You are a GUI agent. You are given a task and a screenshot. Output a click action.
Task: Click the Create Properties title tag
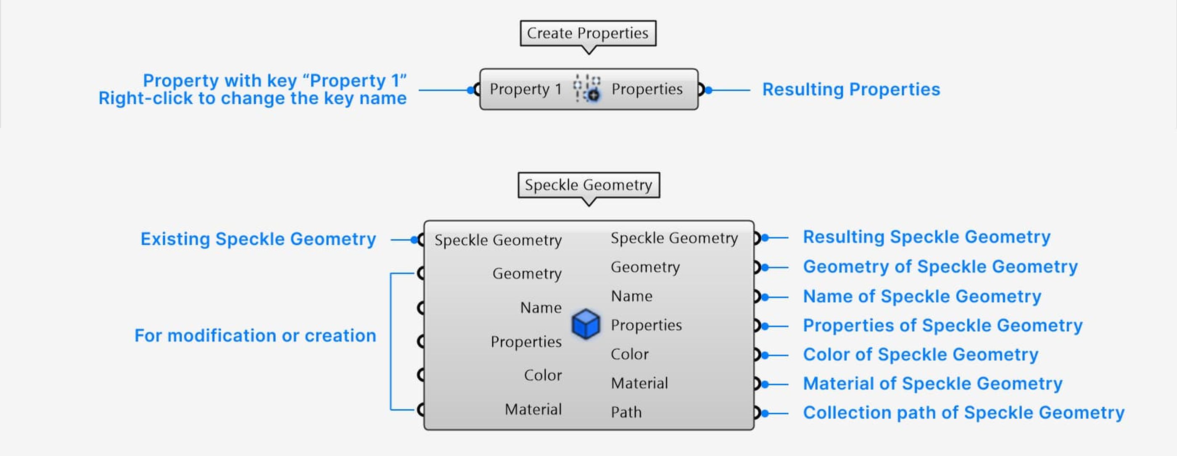point(588,33)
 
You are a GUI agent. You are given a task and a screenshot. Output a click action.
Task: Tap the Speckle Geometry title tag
point(588,185)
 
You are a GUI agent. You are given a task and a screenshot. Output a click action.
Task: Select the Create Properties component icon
point(587,89)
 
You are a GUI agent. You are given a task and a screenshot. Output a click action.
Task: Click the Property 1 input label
point(525,89)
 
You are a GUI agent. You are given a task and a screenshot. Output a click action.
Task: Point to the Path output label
point(626,412)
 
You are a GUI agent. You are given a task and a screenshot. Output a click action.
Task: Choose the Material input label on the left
point(533,409)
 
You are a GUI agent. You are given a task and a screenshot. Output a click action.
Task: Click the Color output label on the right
point(630,354)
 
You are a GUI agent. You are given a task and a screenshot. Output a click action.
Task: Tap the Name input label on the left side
point(541,308)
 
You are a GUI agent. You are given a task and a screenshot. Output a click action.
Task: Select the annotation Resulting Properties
point(851,89)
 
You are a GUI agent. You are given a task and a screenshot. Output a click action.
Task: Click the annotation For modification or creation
point(255,335)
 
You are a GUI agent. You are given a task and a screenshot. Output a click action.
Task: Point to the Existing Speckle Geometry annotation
point(258,239)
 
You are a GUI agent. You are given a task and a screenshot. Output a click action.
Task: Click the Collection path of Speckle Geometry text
point(963,413)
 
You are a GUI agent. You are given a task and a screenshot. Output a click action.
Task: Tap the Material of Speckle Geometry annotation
point(932,383)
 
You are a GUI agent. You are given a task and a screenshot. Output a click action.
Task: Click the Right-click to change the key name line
point(252,98)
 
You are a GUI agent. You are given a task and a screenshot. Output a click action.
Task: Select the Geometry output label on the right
point(645,267)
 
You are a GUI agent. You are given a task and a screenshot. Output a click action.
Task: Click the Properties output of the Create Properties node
point(647,89)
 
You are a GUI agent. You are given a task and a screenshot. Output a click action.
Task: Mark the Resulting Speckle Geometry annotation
point(926,237)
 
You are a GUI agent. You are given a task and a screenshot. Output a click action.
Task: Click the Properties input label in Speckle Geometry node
point(526,341)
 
